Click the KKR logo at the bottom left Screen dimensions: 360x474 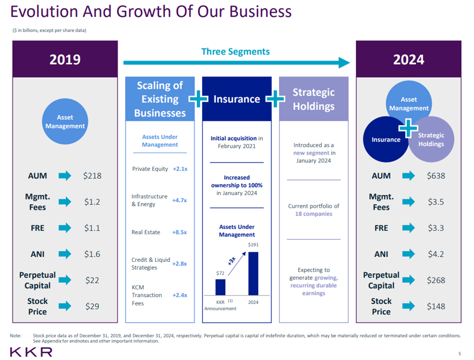[31, 352]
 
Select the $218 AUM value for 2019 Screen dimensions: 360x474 [92, 176]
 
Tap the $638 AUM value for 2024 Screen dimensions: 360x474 [436, 176]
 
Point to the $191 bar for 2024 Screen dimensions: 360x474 [253, 274]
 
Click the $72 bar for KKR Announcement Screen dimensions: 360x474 [220, 287]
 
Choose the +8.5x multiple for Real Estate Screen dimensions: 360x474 [179, 232]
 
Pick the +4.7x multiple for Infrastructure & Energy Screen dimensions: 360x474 [179, 200]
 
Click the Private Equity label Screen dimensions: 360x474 [150, 169]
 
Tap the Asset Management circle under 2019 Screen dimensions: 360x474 [65, 122]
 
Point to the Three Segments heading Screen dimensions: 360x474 [235, 52]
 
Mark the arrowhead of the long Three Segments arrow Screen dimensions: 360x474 [344, 63]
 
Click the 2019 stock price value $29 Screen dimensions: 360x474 [92, 306]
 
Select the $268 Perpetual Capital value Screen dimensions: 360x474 [436, 280]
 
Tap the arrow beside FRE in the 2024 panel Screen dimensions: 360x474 [408, 228]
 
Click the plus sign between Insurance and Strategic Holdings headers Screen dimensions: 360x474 [275, 99]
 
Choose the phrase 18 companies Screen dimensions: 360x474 [313, 214]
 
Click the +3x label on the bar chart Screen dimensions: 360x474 [232, 261]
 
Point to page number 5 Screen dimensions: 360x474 [460, 354]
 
